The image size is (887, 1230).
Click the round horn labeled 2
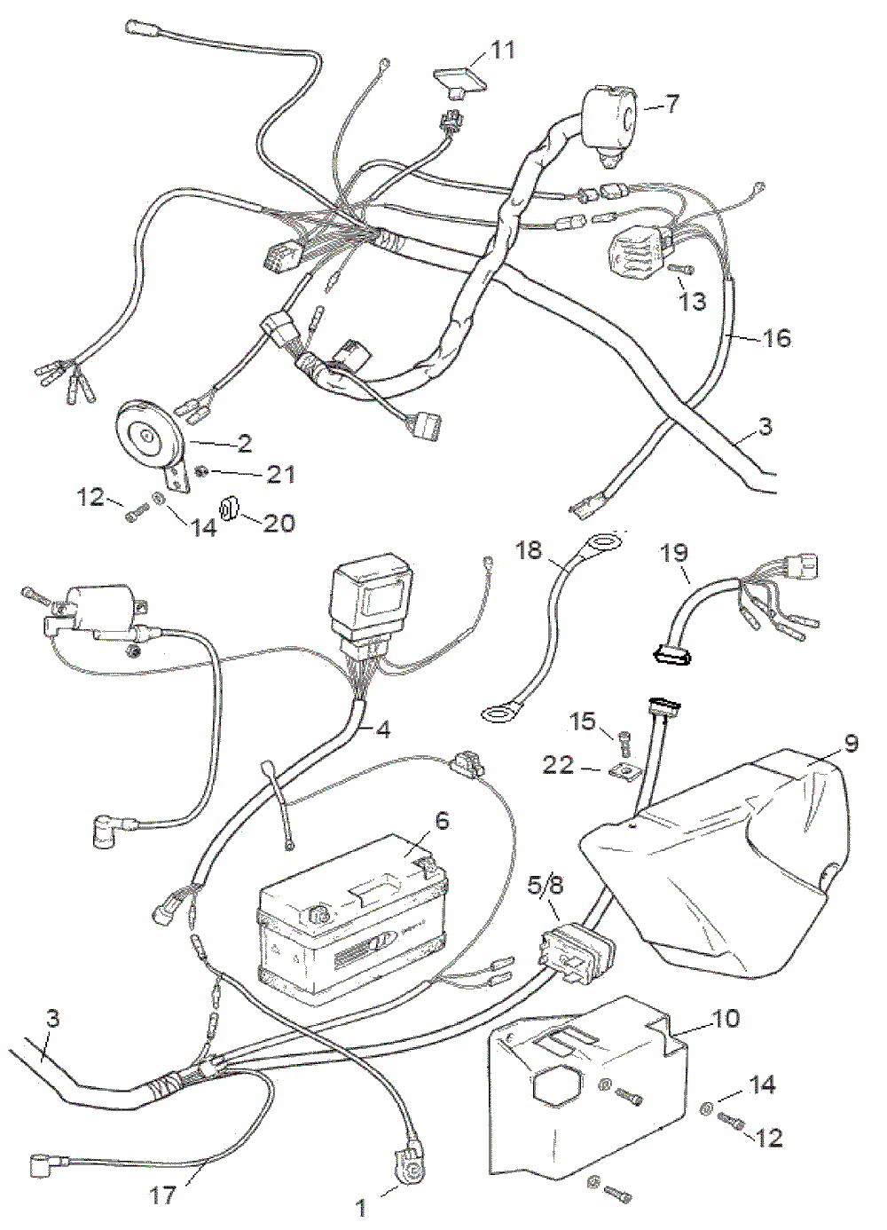[x=149, y=435]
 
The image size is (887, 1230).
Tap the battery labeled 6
[x=350, y=923]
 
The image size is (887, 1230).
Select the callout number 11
[x=503, y=50]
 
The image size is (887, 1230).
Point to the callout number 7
[x=673, y=104]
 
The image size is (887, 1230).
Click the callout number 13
[x=693, y=302]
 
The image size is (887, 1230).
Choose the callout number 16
[x=777, y=338]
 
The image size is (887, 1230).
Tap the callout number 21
[x=280, y=475]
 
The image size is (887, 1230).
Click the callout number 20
[x=279, y=523]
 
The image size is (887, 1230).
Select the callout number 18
[x=529, y=550]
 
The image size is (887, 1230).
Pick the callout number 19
[x=674, y=553]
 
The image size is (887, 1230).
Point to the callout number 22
[x=559, y=764]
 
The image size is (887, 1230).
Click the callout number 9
[x=852, y=743]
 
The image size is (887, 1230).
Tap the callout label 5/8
[x=546, y=885]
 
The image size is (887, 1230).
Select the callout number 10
[x=726, y=1018]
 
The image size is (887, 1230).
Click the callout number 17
[x=162, y=1195]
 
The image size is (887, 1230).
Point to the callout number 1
[x=361, y=1207]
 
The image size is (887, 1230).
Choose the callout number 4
[x=383, y=729]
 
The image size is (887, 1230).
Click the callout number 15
[x=583, y=721]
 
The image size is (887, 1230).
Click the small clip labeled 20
[x=229, y=509]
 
